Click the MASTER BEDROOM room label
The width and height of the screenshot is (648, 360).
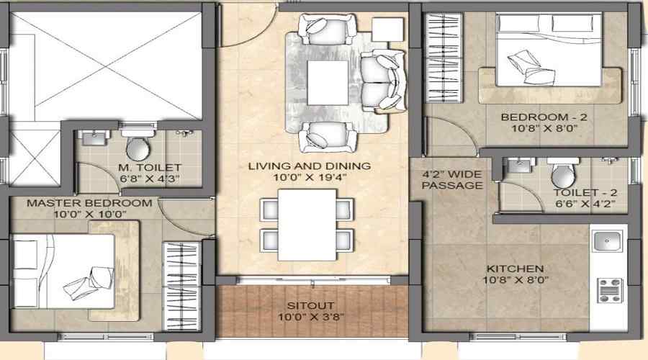(89, 203)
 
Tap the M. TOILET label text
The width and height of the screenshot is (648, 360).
(149, 168)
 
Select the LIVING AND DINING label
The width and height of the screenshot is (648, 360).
(310, 166)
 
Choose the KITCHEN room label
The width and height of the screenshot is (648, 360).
(514, 269)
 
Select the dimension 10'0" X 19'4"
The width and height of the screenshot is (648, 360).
(310, 179)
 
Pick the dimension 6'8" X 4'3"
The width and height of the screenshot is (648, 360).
(149, 179)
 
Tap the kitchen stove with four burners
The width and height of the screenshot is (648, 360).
(609, 289)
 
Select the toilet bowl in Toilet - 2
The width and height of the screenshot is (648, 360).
(562, 173)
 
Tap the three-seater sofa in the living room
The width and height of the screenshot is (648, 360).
(380, 80)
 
